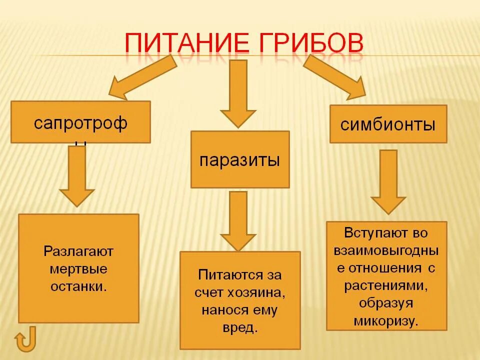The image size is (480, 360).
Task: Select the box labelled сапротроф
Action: [x=80, y=122]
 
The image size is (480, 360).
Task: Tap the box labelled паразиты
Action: [x=239, y=159]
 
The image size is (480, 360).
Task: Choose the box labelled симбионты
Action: [x=388, y=123]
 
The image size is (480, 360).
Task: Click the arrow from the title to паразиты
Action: [x=238, y=92]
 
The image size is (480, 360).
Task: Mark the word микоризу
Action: [x=386, y=320]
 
